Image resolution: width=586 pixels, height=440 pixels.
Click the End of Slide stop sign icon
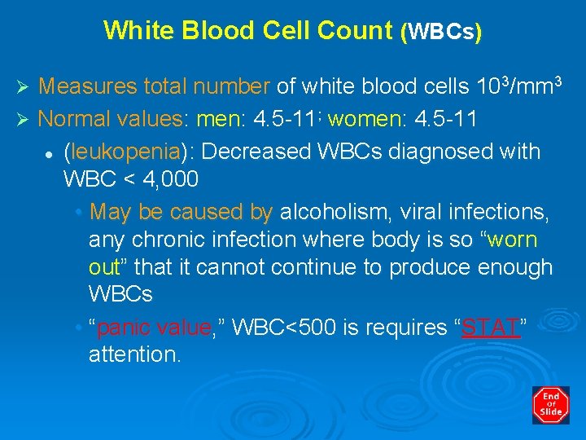pyautogui.click(x=551, y=405)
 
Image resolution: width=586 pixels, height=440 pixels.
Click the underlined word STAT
pyautogui.click(x=491, y=328)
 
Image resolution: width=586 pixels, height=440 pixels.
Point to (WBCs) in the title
pyautogui.click(x=440, y=32)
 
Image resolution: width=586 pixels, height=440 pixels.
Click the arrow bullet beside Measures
pyautogui.click(x=23, y=86)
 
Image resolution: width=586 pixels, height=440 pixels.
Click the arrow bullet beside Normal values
pyautogui.click(x=23, y=119)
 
